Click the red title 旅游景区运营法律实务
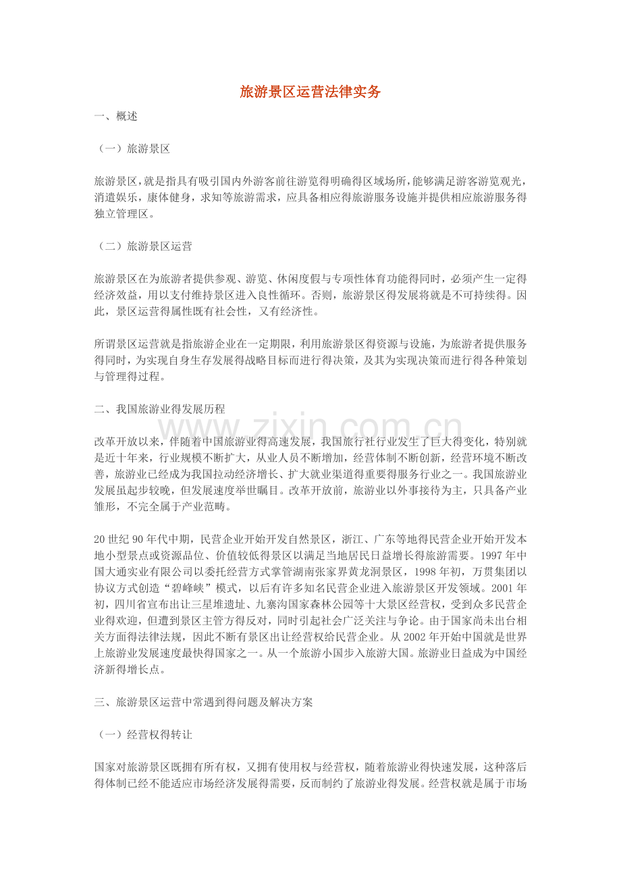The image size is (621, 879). point(310,92)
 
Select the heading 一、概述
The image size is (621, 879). point(116,117)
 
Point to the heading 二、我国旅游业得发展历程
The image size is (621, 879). point(159,409)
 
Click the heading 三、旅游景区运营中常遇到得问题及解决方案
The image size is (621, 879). point(203,702)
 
